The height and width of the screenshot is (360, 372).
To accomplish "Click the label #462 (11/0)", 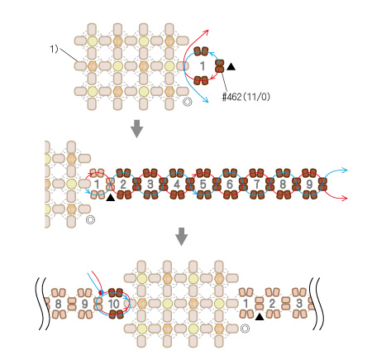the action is tap(246, 97).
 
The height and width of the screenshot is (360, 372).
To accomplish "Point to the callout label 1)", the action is tap(54, 49).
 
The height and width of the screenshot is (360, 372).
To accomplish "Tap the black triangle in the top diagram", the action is tap(231, 66).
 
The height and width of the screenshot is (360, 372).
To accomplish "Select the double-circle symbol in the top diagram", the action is tap(188, 102).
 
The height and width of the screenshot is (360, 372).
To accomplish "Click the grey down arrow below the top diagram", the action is tap(136, 128).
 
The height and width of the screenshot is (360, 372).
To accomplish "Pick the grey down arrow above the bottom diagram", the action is tap(182, 237).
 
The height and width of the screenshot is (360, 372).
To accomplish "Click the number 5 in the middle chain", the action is tap(203, 184).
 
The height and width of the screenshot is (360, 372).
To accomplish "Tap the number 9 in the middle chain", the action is tap(309, 184).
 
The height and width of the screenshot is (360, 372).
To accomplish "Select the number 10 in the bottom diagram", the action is tap(113, 304).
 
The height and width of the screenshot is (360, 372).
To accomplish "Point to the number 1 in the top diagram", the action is tap(203, 66).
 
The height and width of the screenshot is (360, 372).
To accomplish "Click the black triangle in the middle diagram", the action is tap(111, 198).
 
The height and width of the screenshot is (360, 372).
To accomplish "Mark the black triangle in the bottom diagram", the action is tap(260, 317).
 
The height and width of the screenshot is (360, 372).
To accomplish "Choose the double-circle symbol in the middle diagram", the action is tap(90, 219).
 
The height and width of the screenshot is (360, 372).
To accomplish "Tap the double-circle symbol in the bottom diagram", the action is tap(245, 329).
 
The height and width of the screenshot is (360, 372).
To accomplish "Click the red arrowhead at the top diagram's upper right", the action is tap(207, 31).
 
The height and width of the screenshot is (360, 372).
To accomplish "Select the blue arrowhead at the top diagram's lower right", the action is tap(205, 100).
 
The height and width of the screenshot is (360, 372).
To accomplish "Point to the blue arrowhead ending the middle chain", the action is tap(345, 170).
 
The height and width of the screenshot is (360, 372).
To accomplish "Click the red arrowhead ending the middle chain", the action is tap(345, 198).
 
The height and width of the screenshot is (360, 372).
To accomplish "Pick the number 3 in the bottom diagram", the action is tap(299, 304).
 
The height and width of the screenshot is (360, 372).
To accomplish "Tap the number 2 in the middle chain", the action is tap(123, 184).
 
